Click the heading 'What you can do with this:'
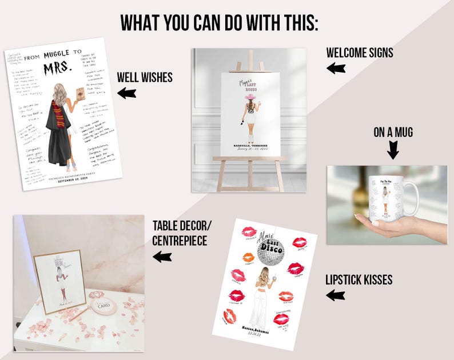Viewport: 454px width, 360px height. pos(220,22)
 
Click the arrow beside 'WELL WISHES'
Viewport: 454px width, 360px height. pos(126,93)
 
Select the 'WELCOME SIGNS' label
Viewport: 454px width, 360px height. pos(360,53)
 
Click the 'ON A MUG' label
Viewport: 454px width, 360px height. pos(393,133)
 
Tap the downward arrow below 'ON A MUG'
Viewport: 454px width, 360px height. pos(393,151)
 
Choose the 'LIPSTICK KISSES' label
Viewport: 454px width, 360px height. pos(359,280)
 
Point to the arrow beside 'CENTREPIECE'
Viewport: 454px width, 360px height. pos(162,257)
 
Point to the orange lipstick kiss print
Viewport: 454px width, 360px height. pos(248,257)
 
